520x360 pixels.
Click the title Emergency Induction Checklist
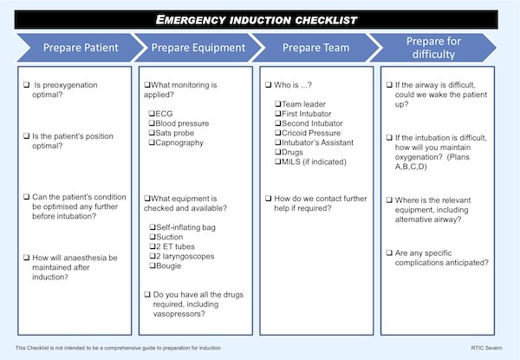[x=256, y=20]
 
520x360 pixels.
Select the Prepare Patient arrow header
[x=81, y=48]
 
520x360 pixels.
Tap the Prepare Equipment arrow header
[x=198, y=48]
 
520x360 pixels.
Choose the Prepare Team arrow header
[x=315, y=48]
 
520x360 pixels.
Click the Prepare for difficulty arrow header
[x=433, y=48]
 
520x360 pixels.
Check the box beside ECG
[x=152, y=114]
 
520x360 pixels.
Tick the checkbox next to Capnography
[x=152, y=142]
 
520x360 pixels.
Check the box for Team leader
[x=278, y=104]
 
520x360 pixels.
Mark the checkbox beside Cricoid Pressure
[x=278, y=133]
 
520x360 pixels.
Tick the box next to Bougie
[x=153, y=265]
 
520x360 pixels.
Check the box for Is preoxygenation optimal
[x=27, y=85]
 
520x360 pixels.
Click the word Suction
[x=170, y=237]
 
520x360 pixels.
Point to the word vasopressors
[x=178, y=314]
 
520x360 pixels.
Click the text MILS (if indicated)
[x=314, y=162]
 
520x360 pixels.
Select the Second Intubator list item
[x=312, y=123]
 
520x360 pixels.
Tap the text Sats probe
[x=175, y=133]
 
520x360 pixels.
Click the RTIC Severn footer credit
[x=486, y=348]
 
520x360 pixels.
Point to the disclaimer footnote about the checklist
[x=118, y=348]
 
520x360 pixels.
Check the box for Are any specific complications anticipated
[x=389, y=253]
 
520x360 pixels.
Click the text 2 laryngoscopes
[x=185, y=256]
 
